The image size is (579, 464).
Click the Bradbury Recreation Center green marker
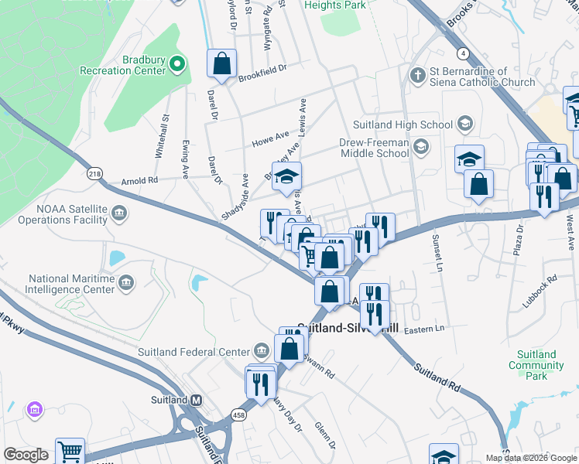point(177,63)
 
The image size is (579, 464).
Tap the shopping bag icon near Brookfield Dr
point(221,64)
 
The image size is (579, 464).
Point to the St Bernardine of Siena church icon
point(418,76)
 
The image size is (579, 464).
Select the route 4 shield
point(463,53)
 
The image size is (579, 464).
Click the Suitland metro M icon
point(197,400)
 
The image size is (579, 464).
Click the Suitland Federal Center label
point(194,353)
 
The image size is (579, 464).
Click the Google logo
point(26,455)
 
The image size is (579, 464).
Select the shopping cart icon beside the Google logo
point(70,451)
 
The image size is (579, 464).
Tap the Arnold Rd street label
point(139,181)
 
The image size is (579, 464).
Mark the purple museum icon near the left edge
point(33,408)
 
